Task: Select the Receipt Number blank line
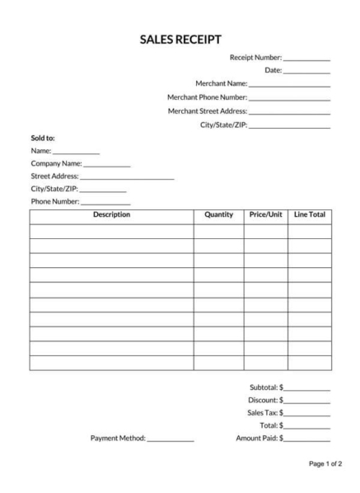pos(306,59)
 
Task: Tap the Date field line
pos(306,73)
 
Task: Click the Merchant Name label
pos(221,84)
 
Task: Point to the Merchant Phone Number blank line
pos(289,99)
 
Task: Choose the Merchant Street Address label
pos(207,111)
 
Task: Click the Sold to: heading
pos(43,138)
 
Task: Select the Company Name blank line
pos(106,165)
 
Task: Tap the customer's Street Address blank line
pos(127,177)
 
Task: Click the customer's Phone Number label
pos(54,201)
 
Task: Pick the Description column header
pos(111,215)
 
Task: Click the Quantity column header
pos(218,215)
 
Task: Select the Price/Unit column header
pos(265,215)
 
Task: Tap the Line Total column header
pos(310,215)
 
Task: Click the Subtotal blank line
pos(307,388)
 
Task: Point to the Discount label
pos(263,400)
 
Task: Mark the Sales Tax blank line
pos(307,414)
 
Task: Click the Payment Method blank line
pos(171,439)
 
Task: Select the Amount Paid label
pos(257,438)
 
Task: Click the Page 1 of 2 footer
pos(325,465)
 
